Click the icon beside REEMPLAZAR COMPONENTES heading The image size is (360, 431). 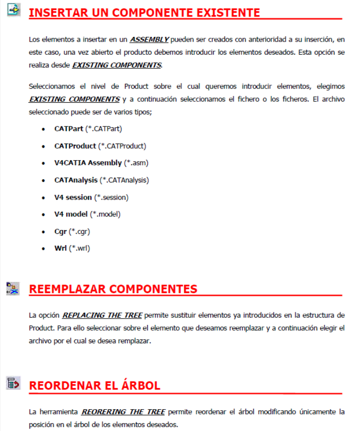(13, 288)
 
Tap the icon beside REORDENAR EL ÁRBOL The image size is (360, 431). (13, 384)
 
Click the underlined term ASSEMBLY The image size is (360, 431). (149, 39)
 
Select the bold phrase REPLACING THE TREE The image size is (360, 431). (102, 315)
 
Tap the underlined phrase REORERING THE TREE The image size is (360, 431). (123, 412)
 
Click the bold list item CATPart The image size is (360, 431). (69, 129)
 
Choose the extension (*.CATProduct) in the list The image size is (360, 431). (122, 146)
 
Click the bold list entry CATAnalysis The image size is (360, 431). (76, 180)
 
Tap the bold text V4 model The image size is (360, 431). (71, 214)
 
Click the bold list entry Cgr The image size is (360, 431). (61, 231)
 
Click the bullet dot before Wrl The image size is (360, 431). (44, 249)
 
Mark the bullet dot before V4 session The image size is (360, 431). (44, 198)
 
